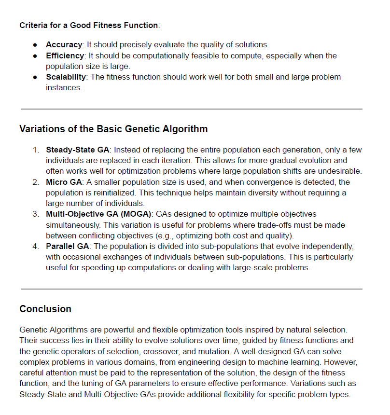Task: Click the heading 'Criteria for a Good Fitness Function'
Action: (x=89, y=25)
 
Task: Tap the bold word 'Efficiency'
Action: (x=65, y=55)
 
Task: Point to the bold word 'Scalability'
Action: (x=66, y=77)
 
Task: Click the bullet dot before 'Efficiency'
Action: (x=35, y=56)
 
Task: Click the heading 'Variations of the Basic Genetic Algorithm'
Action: (x=113, y=129)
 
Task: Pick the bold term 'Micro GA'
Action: (x=63, y=182)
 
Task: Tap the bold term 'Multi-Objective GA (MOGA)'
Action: (x=98, y=214)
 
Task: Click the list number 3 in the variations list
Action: (x=36, y=214)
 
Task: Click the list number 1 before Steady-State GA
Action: (x=36, y=150)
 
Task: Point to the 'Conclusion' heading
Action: (x=45, y=309)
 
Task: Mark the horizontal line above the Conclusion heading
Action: (x=192, y=289)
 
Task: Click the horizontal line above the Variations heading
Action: (x=192, y=109)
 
